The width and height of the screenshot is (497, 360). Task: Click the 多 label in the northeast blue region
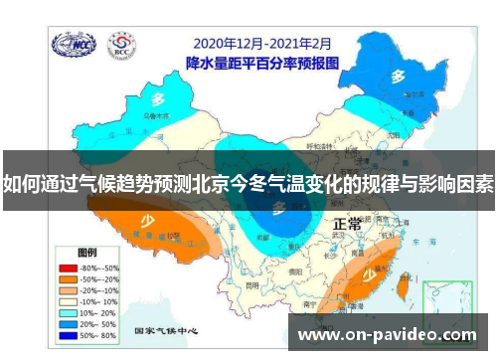398,76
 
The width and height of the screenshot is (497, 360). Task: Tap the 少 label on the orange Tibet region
146,222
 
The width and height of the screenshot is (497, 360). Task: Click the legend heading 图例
87,253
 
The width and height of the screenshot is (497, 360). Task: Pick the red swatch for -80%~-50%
68,268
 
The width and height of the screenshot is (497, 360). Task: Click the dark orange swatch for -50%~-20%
68,278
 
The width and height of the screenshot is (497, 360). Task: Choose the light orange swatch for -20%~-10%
68,289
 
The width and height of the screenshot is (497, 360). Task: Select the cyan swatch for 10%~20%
68,311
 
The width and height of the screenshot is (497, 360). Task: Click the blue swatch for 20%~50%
68,322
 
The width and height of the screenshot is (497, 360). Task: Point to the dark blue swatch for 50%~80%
68,333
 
